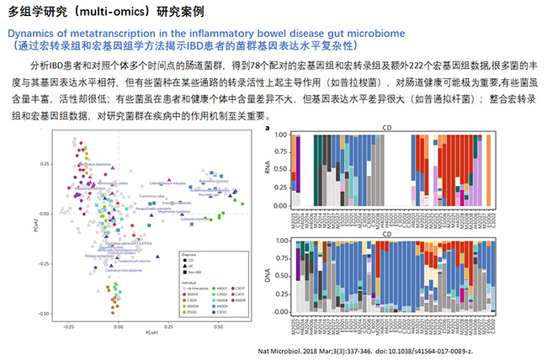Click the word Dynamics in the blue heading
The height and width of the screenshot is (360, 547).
[33, 33]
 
